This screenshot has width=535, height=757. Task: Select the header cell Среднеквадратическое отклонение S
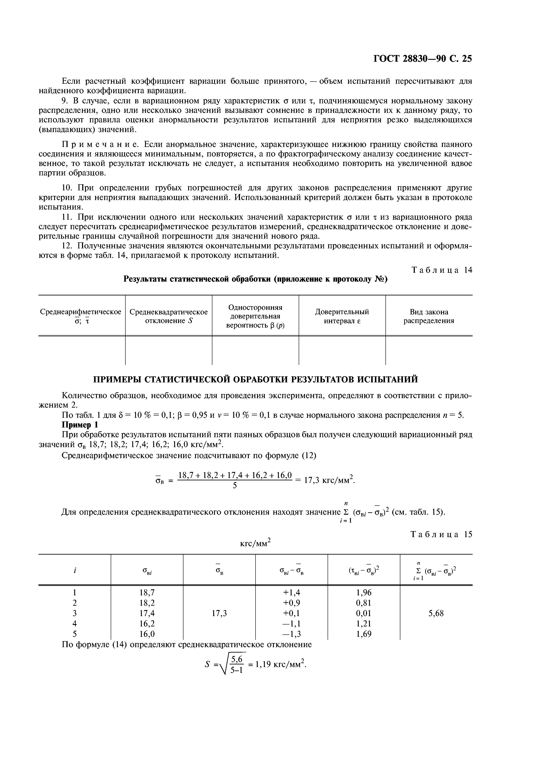pyautogui.click(x=169, y=316)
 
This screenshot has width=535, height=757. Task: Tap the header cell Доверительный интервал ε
pyautogui.click(x=342, y=316)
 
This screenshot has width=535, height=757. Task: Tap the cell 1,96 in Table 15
pyautogui.click(x=364, y=593)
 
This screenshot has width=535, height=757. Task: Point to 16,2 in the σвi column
pyautogui.click(x=147, y=623)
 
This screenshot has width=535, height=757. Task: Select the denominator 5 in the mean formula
pyautogui.click(x=235, y=486)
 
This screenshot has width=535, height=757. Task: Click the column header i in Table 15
pyautogui.click(x=75, y=570)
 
